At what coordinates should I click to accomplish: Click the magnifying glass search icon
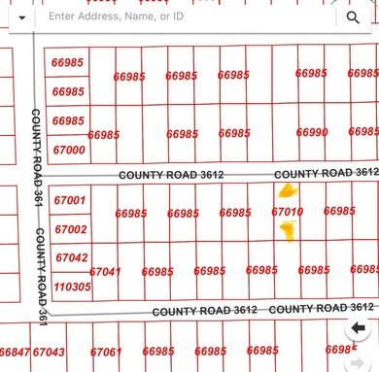click(x=352, y=17)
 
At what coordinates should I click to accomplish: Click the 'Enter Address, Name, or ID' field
click(x=185, y=17)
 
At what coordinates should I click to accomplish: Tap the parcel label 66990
click(x=313, y=133)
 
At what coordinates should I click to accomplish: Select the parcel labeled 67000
click(x=69, y=150)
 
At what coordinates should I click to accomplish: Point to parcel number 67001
click(x=70, y=201)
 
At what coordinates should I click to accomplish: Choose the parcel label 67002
click(x=70, y=230)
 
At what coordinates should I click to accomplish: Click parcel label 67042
click(x=72, y=258)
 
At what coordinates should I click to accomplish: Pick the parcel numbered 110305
click(x=73, y=287)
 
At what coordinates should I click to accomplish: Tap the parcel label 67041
click(x=105, y=272)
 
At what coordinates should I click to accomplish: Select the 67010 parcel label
click(x=288, y=211)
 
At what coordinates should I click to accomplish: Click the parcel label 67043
click(x=49, y=353)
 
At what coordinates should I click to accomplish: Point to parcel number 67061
click(x=106, y=353)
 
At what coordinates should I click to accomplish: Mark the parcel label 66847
click(x=14, y=353)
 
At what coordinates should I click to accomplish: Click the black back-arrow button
click(x=358, y=328)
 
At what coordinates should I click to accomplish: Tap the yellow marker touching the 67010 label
click(x=288, y=191)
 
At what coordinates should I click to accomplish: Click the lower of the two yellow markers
click(x=288, y=230)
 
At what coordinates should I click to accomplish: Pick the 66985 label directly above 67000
click(x=68, y=120)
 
